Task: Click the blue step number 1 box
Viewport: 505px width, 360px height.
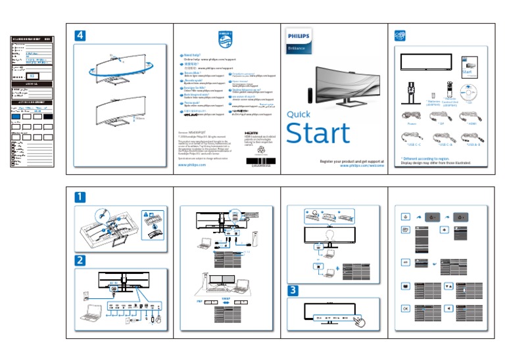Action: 79,196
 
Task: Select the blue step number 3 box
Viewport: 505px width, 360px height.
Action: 294,290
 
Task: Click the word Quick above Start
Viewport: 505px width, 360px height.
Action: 299,114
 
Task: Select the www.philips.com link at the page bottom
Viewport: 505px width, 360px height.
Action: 192,165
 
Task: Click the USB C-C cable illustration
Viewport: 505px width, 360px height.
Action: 415,136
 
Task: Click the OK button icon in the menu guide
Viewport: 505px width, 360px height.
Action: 405,308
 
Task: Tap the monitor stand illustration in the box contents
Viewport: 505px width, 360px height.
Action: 412,89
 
